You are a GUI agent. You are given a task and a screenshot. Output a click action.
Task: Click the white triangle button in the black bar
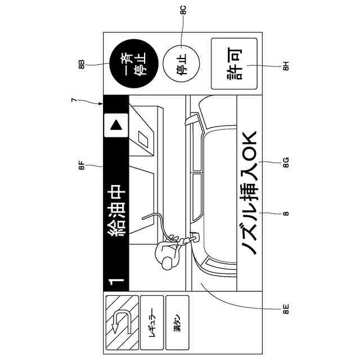pos(116,125)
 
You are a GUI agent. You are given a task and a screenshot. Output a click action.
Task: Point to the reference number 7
pos(74,100)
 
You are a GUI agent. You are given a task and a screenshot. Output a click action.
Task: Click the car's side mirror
pos(192,119)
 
